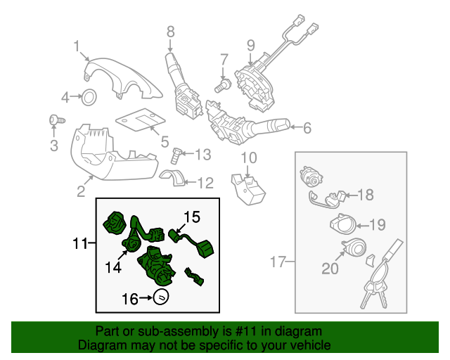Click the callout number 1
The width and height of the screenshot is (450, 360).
click(77, 46)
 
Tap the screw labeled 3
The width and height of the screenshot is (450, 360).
click(54, 121)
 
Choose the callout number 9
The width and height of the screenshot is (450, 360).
click(250, 46)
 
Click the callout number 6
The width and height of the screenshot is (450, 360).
click(307, 128)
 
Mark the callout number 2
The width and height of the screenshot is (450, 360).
click(81, 191)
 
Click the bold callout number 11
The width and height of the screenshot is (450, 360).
click(81, 244)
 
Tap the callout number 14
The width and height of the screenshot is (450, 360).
click(114, 267)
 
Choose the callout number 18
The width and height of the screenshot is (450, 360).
click(366, 195)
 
